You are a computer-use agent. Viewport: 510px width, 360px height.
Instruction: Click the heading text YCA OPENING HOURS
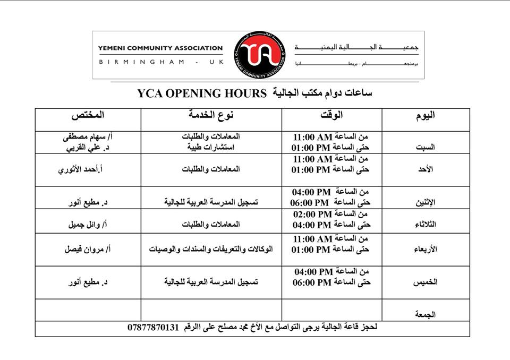click(x=201, y=94)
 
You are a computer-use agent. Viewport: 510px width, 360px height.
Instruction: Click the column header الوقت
click(x=332, y=115)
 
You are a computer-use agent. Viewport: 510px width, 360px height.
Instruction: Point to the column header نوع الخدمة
click(x=211, y=115)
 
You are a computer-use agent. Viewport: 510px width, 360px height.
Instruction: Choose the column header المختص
click(x=87, y=115)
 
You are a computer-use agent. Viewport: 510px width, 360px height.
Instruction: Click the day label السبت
click(x=426, y=148)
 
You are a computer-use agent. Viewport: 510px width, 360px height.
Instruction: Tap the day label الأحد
click(x=426, y=169)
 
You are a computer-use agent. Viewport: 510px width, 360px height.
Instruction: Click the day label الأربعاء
click(x=424, y=248)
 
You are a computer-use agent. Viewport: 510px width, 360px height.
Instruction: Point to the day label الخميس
click(x=425, y=282)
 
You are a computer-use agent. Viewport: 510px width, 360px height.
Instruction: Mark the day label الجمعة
click(x=425, y=314)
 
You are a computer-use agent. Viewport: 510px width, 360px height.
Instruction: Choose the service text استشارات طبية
click(x=211, y=147)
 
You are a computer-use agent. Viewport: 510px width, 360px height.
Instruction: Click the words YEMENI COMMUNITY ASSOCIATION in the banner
click(x=160, y=48)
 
